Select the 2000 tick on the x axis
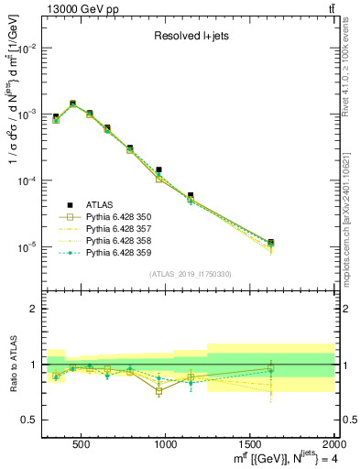tap(333, 444)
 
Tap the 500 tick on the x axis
tap(81, 444)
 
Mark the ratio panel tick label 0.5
tap(27, 420)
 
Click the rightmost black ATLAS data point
tap(296, 243)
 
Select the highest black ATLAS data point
tap(72, 104)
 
